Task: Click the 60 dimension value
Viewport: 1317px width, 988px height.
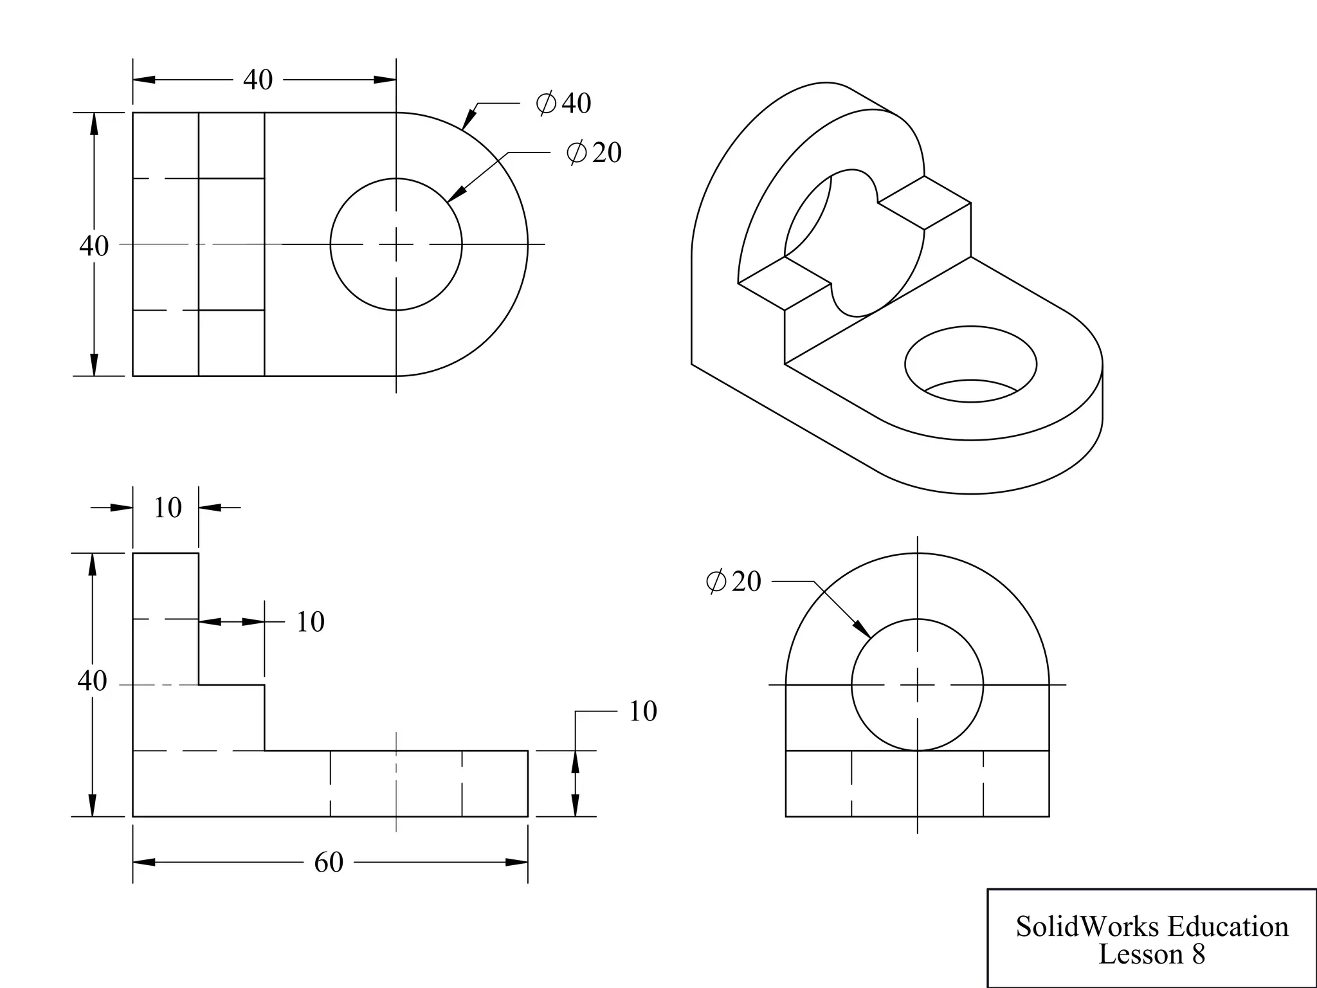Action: (x=329, y=863)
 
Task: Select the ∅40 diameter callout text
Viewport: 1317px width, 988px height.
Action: (x=564, y=103)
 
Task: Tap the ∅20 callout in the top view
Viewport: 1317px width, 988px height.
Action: (x=594, y=152)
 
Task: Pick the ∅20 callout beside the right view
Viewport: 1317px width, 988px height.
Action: (x=733, y=581)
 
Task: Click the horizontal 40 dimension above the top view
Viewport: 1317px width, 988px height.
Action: (x=258, y=80)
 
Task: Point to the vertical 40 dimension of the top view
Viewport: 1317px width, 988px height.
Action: (x=94, y=246)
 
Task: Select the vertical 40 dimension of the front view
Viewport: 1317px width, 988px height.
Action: (x=92, y=681)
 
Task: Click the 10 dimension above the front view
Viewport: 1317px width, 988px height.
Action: (x=167, y=508)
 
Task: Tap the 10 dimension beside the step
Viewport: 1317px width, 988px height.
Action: (x=310, y=622)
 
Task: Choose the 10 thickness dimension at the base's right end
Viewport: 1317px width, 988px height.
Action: (x=642, y=711)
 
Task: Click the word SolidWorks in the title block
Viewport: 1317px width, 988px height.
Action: (x=1089, y=927)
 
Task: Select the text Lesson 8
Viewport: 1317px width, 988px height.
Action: (x=1151, y=954)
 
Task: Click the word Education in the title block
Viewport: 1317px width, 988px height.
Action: (x=1228, y=927)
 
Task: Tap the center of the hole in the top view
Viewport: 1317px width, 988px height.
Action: (x=396, y=244)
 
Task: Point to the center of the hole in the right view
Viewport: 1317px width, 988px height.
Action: (x=918, y=685)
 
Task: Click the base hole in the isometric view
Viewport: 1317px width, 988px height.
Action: (x=970, y=363)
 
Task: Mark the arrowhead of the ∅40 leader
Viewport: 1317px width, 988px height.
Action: (x=468, y=122)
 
